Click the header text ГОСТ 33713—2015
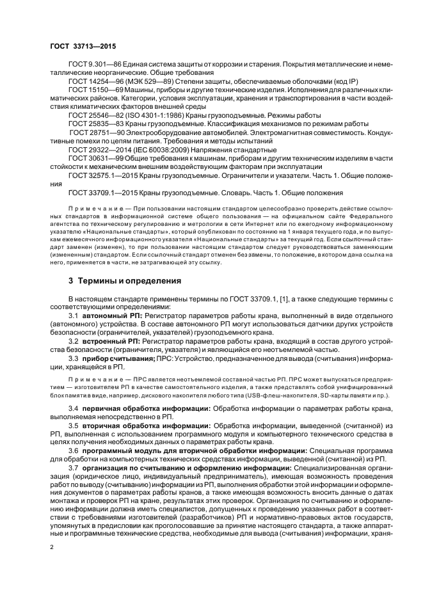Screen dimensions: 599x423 pos(79,46)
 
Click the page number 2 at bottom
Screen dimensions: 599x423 pos(51,548)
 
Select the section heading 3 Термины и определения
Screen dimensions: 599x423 pos(116,280)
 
